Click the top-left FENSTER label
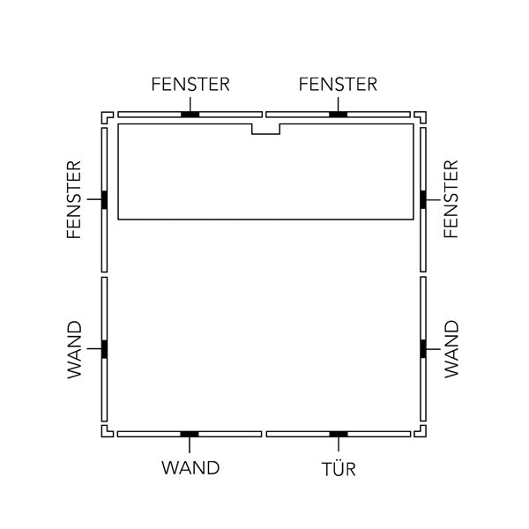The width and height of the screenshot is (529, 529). click(x=190, y=85)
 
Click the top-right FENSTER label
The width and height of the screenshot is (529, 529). click(x=338, y=85)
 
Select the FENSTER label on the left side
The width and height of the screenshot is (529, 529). click(x=74, y=200)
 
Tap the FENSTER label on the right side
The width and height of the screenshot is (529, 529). click(x=451, y=199)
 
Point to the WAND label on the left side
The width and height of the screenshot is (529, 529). click(x=75, y=350)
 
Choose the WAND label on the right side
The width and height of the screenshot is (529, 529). click(x=451, y=349)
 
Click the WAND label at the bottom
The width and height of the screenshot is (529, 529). click(x=190, y=468)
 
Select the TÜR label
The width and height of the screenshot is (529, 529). click(x=339, y=469)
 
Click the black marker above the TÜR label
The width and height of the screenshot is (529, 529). click(x=339, y=434)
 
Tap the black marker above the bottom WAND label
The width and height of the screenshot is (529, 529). click(x=190, y=434)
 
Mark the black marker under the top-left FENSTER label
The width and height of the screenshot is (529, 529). click(x=190, y=115)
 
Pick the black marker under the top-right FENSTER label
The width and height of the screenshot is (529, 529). click(x=338, y=115)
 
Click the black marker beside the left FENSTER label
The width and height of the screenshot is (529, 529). click(x=104, y=200)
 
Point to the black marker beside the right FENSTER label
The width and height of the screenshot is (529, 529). click(x=423, y=199)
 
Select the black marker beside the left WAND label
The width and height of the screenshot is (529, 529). click(x=104, y=349)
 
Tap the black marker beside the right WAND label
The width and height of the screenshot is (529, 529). click(x=423, y=349)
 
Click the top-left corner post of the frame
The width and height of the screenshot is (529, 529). click(x=104, y=115)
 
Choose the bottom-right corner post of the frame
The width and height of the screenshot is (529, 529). click(x=423, y=434)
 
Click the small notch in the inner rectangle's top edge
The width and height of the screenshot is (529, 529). click(x=266, y=134)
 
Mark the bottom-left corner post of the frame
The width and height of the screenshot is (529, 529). click(x=104, y=434)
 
